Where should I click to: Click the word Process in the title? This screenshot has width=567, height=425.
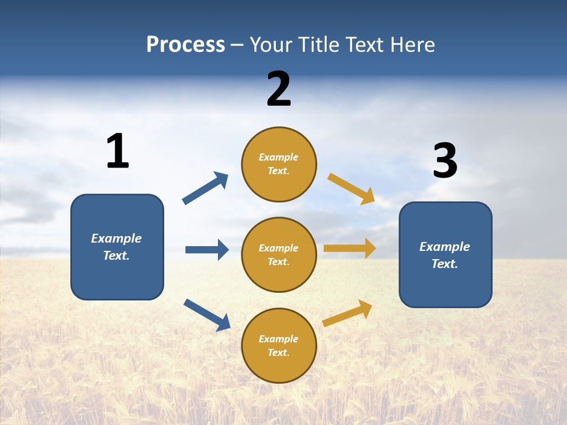click(x=186, y=44)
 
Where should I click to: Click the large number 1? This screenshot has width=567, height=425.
click(x=118, y=151)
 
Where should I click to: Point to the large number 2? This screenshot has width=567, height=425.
click(x=279, y=89)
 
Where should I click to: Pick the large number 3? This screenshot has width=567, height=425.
click(x=445, y=160)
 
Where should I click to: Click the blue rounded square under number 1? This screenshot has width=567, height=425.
click(x=117, y=247)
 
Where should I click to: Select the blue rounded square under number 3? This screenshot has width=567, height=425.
click(x=445, y=255)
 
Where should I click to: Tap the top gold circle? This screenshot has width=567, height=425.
click(x=279, y=164)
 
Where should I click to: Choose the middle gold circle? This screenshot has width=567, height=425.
click(x=279, y=255)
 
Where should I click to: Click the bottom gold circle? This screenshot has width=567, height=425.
click(x=279, y=345)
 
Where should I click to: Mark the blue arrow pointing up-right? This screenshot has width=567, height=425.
click(x=205, y=188)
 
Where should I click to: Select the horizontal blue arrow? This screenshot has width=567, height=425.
click(x=207, y=250)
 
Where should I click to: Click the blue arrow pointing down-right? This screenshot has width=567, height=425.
click(x=207, y=315)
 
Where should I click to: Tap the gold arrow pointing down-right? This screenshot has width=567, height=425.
click(x=351, y=189)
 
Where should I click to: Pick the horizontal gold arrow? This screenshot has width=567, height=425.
click(x=350, y=249)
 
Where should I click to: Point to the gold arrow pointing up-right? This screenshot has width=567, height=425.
click(x=347, y=313)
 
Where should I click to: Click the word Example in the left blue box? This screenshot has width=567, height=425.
click(x=116, y=239)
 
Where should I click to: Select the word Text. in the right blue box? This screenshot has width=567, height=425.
click(x=445, y=264)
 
